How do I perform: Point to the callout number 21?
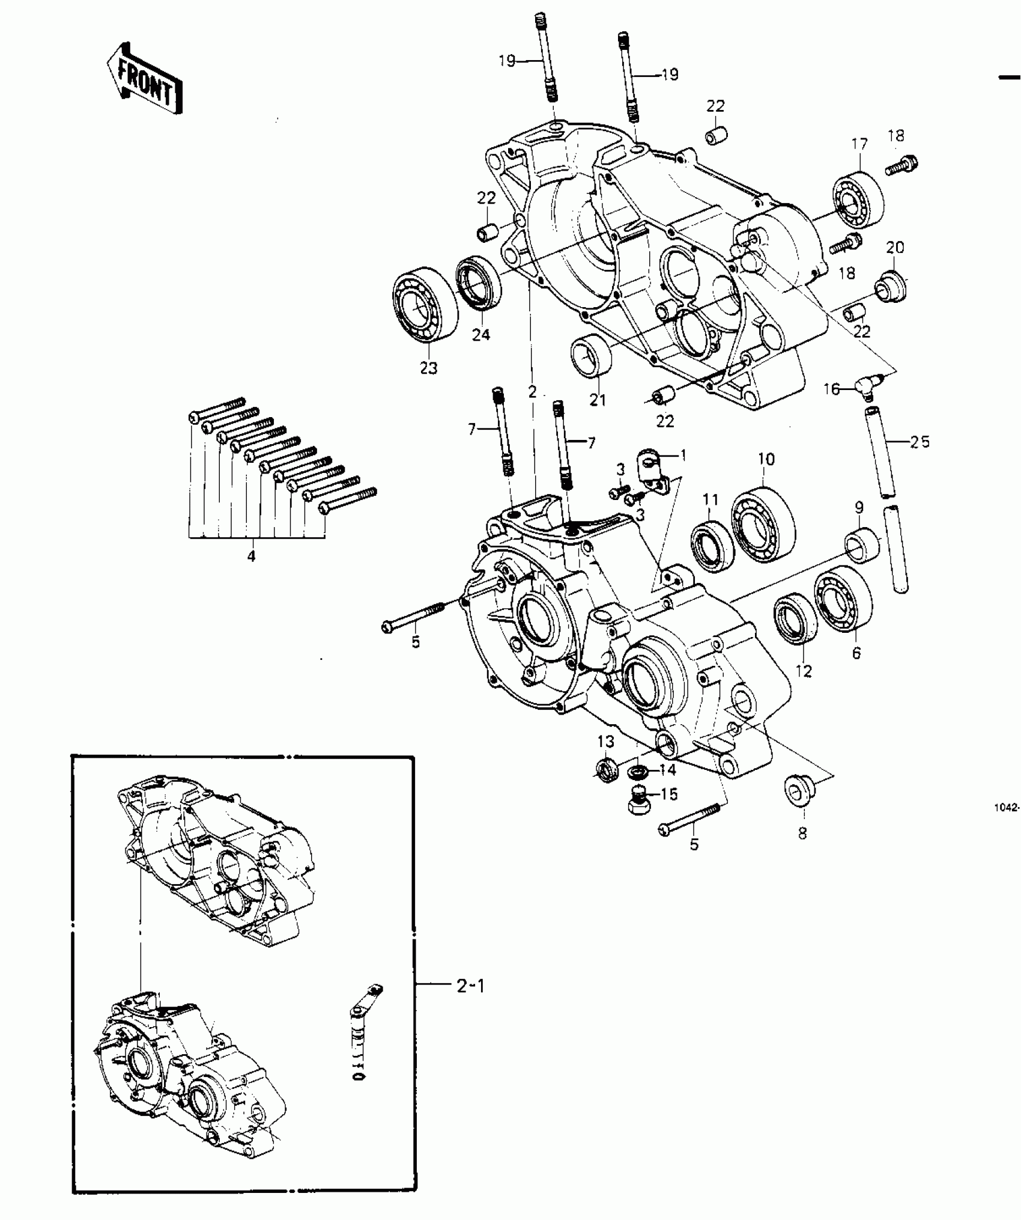598,400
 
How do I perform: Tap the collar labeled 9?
862,544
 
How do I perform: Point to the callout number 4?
251,557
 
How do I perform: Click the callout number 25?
919,442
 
